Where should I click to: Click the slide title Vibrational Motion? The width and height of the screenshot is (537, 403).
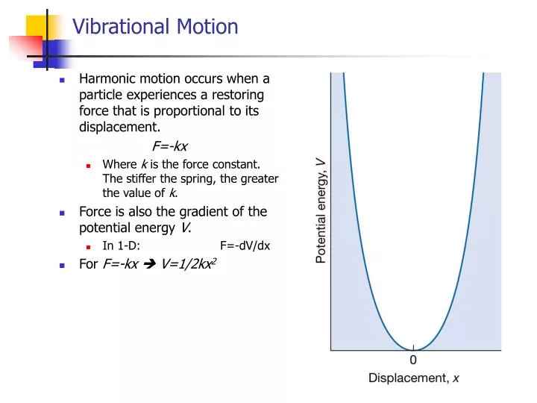tap(155, 28)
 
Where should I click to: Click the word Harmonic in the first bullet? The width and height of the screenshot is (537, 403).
tap(107, 78)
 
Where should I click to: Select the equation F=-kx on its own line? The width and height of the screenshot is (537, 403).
tap(169, 146)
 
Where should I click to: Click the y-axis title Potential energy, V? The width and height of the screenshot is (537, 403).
tap(321, 210)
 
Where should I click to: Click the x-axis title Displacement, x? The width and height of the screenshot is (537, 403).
tap(414, 378)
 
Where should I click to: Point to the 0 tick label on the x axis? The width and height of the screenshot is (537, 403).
tap(413, 360)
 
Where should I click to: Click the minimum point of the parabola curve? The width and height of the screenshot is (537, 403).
tap(414, 349)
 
